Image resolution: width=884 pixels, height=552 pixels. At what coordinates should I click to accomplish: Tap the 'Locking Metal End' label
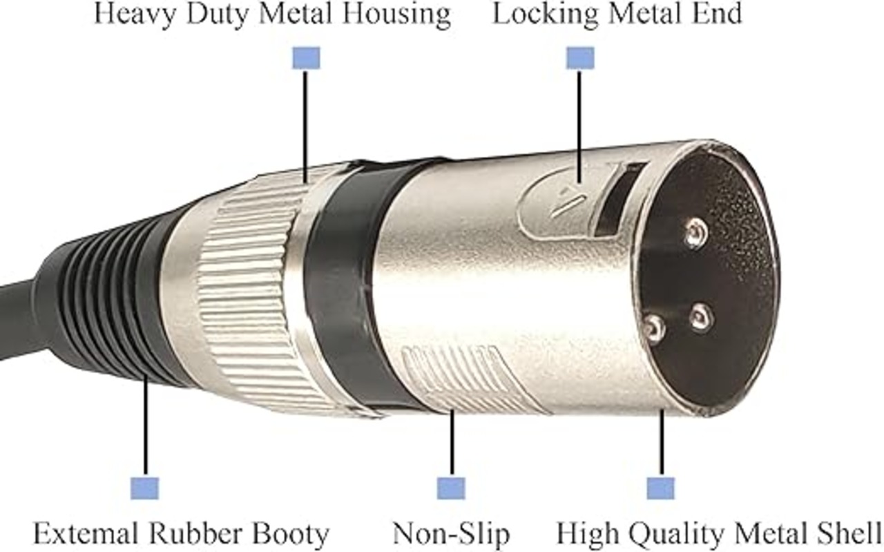617,15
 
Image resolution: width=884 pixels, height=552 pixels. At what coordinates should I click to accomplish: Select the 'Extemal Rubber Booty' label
181,534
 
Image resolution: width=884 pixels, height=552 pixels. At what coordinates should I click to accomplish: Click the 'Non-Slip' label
451,534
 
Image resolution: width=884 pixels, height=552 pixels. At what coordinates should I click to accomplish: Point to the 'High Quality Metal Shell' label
719,534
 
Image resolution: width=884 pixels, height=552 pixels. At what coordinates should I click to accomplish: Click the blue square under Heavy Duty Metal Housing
306,58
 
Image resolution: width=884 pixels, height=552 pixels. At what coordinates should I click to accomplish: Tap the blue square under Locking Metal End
579,58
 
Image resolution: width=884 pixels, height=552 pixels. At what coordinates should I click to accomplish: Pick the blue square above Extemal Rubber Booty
144,488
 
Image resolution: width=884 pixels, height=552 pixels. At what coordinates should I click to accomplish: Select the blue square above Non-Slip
451,488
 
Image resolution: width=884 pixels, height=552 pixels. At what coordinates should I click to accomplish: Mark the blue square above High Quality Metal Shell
660,488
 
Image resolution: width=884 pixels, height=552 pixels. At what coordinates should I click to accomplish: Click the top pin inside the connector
695,233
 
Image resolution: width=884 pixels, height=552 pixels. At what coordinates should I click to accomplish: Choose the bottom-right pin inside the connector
701,316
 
